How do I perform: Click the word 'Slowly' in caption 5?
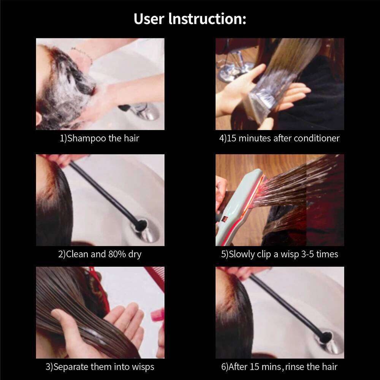(242, 254)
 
